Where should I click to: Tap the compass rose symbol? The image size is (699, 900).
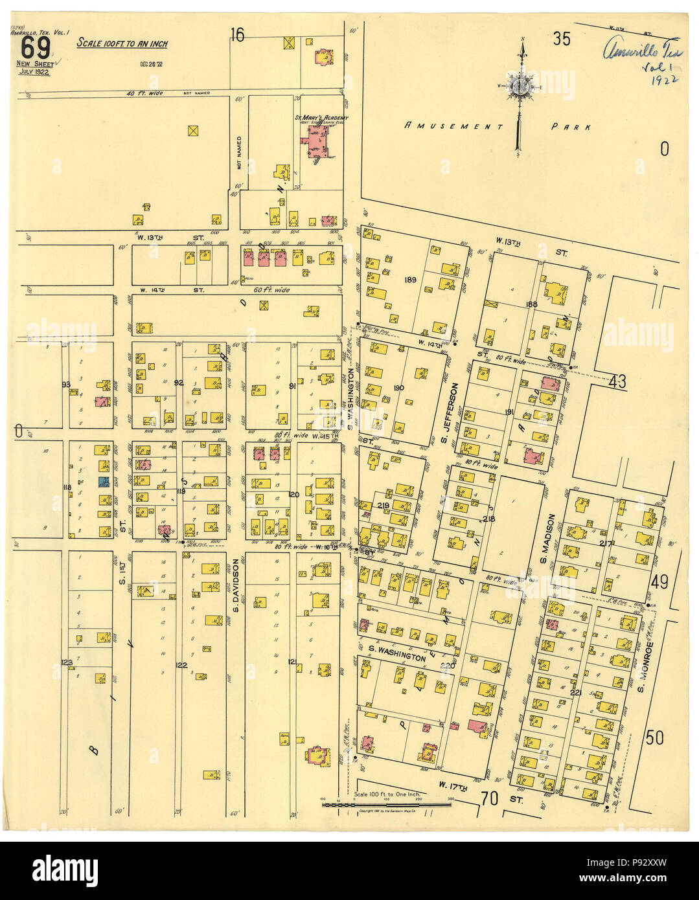[x=520, y=86]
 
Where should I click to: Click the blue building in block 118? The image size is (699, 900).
[x=102, y=481]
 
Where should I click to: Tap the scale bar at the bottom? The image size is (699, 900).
[x=387, y=804]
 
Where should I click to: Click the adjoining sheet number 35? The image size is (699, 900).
[x=561, y=39]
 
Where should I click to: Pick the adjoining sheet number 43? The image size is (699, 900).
[x=617, y=382]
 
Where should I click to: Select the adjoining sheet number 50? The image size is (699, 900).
[x=654, y=736]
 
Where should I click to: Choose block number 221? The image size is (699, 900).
[x=575, y=693]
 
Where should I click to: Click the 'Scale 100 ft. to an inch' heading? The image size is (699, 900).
[x=122, y=43]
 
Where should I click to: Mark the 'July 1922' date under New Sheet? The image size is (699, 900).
[x=34, y=71]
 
